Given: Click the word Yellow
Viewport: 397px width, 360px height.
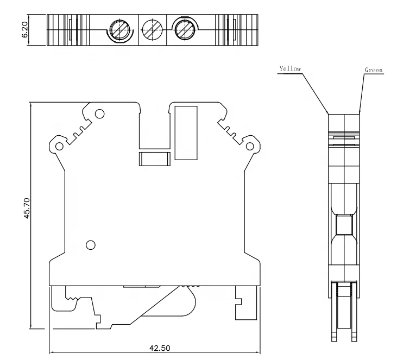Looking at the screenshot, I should (289, 69).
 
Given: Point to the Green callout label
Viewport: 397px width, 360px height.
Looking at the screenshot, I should (374, 71).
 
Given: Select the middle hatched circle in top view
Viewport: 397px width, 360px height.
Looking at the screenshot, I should (151, 28).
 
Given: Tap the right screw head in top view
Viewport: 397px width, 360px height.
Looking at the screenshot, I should (184, 28).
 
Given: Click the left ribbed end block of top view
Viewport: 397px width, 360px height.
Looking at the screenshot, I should (68, 28).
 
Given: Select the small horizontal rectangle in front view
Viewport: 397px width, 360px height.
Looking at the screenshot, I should (156, 159).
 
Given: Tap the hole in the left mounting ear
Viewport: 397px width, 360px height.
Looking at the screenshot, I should (59, 146).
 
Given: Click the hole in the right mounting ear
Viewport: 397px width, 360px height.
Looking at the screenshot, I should (250, 146).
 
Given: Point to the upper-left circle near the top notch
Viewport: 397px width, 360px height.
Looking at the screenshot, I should (99, 114).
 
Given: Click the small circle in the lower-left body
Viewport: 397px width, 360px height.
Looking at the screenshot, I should (91, 245).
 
